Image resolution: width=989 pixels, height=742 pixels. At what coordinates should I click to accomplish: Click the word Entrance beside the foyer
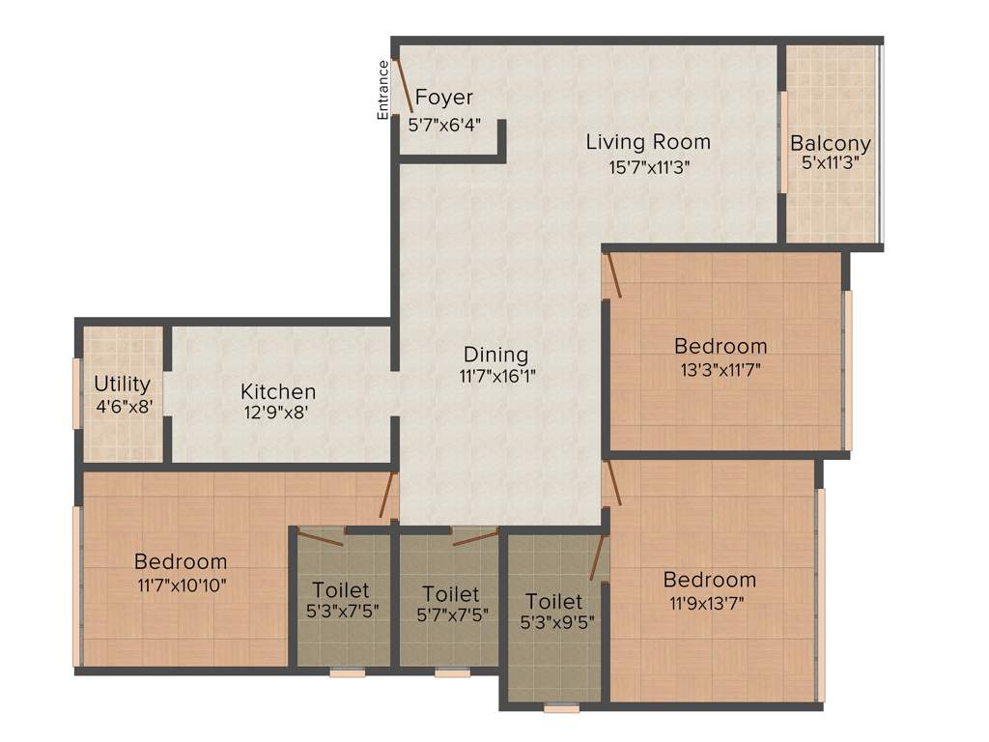[x=382, y=90]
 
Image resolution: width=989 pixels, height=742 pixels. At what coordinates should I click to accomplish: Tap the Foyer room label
[x=444, y=98]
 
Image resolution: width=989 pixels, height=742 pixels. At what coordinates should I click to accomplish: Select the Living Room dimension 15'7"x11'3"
[x=648, y=165]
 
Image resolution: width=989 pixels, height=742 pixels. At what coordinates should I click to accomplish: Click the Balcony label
[x=830, y=144]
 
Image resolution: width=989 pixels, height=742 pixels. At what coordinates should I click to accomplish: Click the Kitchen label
[x=278, y=392]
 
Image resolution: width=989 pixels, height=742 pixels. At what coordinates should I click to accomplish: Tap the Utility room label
[x=122, y=384]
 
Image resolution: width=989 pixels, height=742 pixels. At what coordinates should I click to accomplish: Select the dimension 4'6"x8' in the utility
[x=122, y=406]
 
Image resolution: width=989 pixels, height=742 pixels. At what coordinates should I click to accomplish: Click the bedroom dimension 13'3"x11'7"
[x=720, y=368]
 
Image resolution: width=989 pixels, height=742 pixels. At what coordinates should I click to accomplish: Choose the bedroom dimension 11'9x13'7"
[x=708, y=603]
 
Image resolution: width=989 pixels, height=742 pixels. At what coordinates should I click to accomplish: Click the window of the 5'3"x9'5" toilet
[x=561, y=708]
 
